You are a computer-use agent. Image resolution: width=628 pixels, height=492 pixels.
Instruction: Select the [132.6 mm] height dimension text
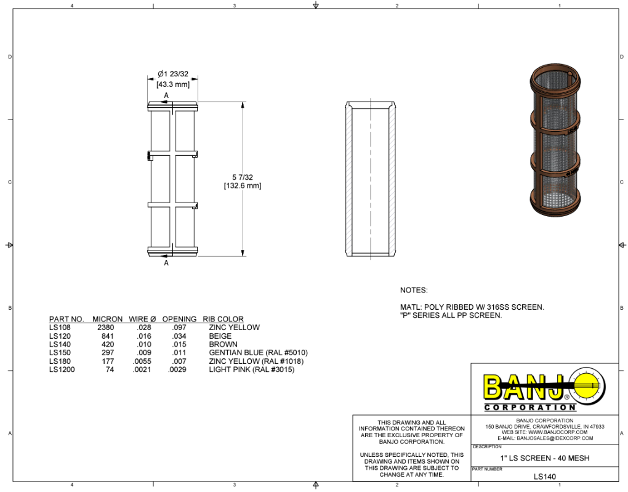point(242,186)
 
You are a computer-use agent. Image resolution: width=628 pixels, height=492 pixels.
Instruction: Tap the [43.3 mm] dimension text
point(172,84)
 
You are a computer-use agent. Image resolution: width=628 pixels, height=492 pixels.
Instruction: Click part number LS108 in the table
point(60,328)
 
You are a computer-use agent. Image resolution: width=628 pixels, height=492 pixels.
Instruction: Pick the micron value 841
point(107,336)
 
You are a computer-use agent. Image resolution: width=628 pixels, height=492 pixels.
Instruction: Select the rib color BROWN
point(223,345)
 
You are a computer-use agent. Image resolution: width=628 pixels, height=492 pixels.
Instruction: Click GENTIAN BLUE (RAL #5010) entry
point(258,353)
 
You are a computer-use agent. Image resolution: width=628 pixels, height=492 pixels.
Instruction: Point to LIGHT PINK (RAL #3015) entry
point(251,370)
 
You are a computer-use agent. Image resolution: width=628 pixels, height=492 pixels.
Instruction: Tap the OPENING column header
point(179,319)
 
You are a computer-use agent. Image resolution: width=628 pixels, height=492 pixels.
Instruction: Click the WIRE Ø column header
point(142,319)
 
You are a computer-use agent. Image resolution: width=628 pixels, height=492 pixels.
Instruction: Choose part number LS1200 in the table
point(62,370)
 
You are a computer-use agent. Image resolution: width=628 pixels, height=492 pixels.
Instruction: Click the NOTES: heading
point(413,290)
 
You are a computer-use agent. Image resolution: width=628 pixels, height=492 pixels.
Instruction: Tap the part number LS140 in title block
point(544,477)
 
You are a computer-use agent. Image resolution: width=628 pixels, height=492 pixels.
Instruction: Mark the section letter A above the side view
point(166,95)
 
